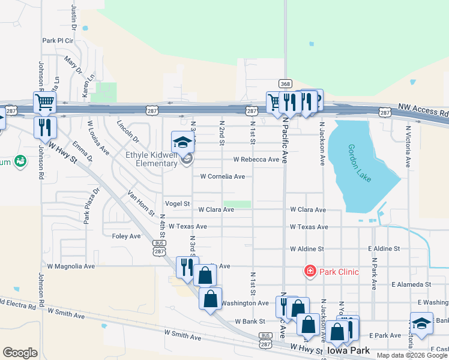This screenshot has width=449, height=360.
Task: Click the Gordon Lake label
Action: point(360,163)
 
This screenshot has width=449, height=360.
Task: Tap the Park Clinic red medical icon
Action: point(310,271)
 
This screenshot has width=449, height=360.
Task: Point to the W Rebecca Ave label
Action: point(256,160)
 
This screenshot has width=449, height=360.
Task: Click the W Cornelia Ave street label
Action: point(222,176)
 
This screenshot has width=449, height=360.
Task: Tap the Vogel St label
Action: point(177,204)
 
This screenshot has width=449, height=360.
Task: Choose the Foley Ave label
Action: point(126,236)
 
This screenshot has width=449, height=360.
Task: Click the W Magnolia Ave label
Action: point(71,266)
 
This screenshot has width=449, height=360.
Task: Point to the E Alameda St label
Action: point(411,284)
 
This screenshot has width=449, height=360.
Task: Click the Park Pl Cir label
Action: point(58,41)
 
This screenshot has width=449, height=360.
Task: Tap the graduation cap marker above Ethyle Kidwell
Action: point(183,142)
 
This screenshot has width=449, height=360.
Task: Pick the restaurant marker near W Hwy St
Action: point(45,127)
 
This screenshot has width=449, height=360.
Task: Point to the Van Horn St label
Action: point(142,203)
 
